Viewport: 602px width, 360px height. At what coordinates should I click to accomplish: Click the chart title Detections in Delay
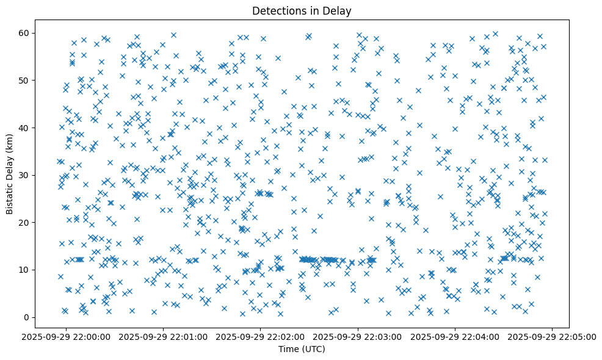301,10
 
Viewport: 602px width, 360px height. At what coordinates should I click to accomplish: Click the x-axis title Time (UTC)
301,349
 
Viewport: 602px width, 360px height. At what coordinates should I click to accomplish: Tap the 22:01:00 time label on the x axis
164,336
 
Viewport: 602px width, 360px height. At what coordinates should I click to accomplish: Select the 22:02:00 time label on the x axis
261,336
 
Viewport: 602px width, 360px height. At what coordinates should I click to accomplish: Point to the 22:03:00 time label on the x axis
358,336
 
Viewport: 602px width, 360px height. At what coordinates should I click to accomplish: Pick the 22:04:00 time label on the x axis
455,336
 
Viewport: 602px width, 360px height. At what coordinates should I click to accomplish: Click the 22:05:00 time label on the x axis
553,336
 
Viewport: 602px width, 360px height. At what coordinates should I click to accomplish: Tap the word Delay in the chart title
339,10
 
